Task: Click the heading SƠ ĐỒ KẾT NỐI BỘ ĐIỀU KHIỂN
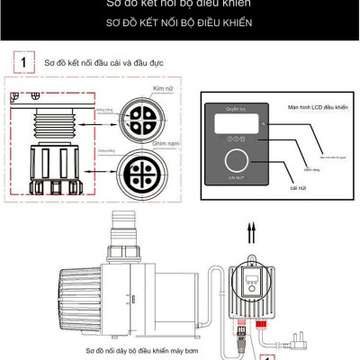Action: pos(179,22)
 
